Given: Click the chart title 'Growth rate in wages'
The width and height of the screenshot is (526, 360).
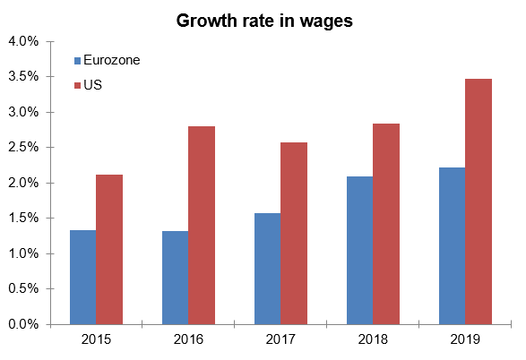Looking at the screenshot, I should (264, 20).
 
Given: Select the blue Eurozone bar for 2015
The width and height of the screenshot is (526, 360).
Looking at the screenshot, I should (83, 278).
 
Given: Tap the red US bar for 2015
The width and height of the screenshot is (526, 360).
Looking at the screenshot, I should (109, 250).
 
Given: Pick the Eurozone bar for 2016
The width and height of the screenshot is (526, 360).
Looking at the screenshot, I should (175, 278).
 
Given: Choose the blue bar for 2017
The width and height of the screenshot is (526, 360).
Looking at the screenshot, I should (267, 269).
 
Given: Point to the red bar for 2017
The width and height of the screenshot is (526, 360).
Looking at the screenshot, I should (293, 234).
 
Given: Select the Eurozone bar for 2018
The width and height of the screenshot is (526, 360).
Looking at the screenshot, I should (359, 251).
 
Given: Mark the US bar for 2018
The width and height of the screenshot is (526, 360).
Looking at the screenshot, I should (385, 224).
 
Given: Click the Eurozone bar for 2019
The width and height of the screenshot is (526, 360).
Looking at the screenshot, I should (452, 246).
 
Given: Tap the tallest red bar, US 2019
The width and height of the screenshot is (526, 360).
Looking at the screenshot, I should (478, 201).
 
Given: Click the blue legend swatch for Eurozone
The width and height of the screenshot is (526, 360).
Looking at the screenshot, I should (76, 61).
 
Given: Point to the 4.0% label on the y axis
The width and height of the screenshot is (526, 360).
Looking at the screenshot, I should (24, 41).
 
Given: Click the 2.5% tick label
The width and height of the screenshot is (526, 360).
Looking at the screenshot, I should (24, 148).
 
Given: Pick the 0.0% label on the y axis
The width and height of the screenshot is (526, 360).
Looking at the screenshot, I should (24, 325).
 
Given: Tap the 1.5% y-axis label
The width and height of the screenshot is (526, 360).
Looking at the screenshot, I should (24, 219).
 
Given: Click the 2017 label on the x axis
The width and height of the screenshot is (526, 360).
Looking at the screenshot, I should (280, 339).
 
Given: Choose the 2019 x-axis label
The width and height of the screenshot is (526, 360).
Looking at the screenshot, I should (465, 339).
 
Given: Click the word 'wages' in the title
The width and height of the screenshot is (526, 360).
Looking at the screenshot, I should (328, 21).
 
